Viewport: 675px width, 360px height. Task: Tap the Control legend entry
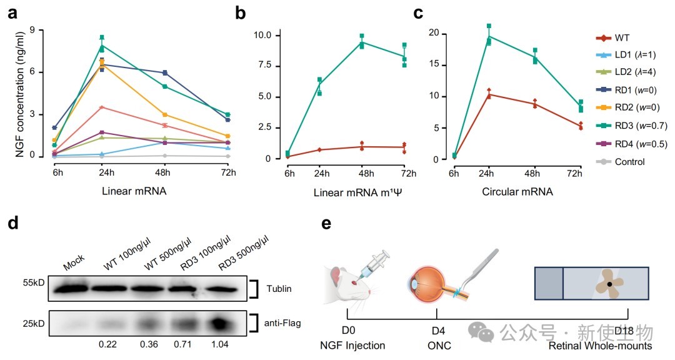(628, 162)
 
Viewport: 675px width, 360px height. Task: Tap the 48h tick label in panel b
(361, 173)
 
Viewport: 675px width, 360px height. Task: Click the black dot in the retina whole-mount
(610, 285)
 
